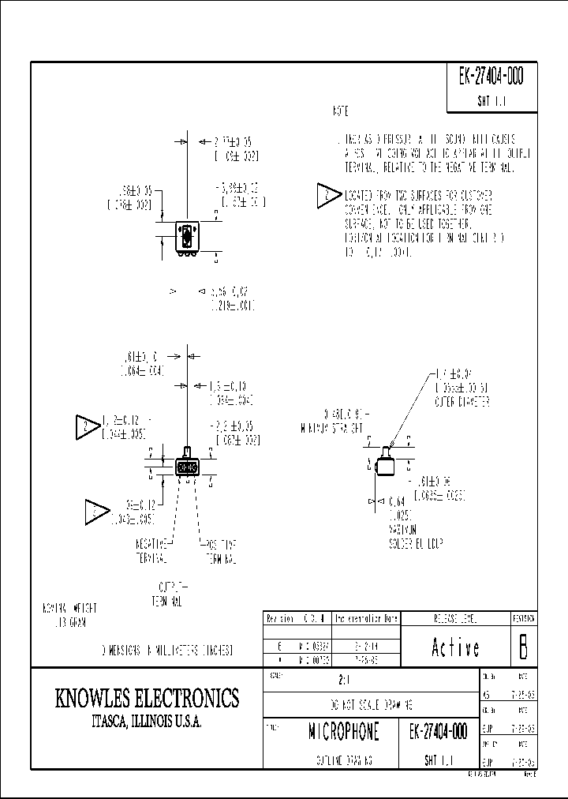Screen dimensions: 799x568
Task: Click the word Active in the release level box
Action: pos(456,647)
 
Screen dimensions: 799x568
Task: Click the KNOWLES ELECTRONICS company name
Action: pos(147,698)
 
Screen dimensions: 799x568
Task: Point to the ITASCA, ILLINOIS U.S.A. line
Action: pos(147,722)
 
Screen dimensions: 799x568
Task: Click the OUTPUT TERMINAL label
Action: pos(167,595)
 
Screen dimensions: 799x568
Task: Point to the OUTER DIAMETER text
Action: pos(462,401)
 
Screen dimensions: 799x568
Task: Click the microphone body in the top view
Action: pos(187,238)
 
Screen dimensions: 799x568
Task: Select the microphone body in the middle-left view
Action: pos(187,467)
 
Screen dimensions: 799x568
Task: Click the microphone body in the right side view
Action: pos(386,464)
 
